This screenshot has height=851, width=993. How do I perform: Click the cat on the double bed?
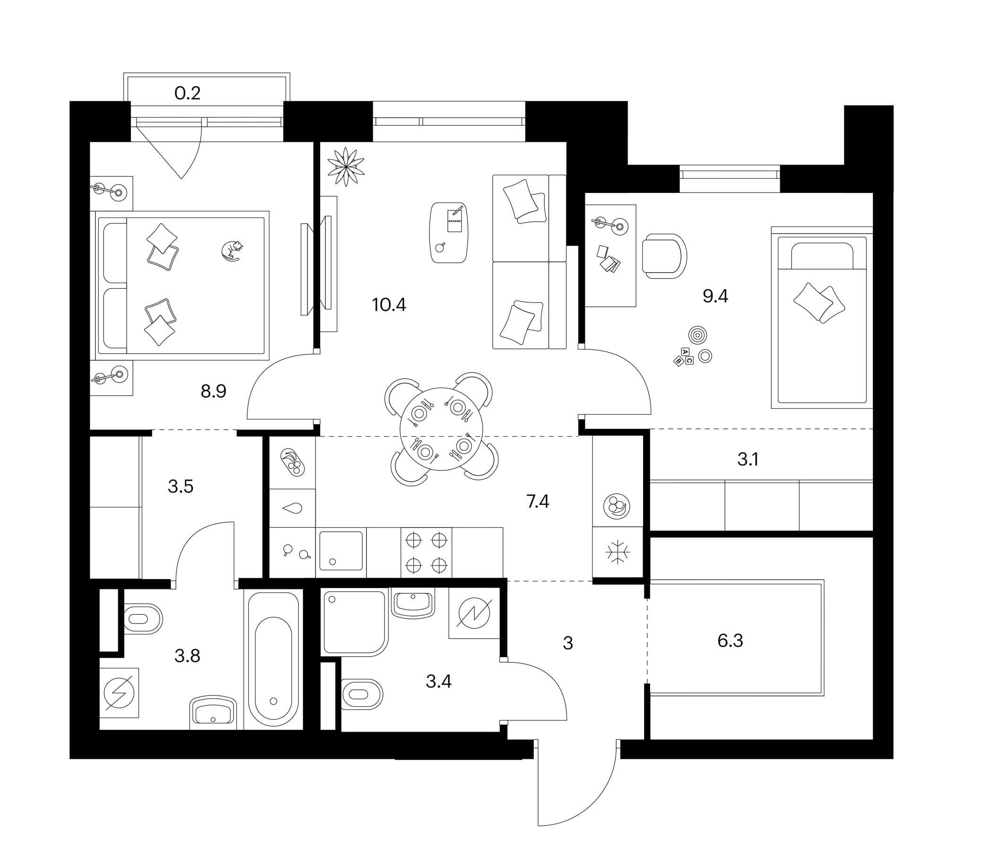pyautogui.click(x=232, y=251)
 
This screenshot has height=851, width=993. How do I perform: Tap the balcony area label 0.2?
pyautogui.click(x=187, y=93)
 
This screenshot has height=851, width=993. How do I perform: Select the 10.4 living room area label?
pyautogui.click(x=389, y=305)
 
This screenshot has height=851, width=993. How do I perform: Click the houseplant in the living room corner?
pyautogui.click(x=346, y=166)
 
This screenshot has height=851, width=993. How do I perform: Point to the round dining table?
pyautogui.click(x=441, y=429)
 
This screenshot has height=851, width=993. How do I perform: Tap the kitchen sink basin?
pyautogui.click(x=341, y=551)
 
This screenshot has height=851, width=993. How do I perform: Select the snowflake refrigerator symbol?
pyautogui.click(x=618, y=553)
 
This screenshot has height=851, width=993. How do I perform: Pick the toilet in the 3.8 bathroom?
pyautogui.click(x=143, y=618)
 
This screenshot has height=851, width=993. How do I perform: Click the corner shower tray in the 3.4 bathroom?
pyautogui.click(x=355, y=624)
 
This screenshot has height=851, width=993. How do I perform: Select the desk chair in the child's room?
pyautogui.click(x=664, y=256)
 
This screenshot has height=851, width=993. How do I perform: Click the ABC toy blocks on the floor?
pyautogui.click(x=684, y=357)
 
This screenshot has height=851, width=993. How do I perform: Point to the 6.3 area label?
pyautogui.click(x=730, y=641)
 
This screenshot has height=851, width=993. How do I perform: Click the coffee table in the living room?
pyautogui.click(x=449, y=233)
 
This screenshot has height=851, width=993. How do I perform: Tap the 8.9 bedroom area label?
pyautogui.click(x=213, y=391)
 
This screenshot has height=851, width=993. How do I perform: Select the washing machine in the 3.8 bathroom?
pyautogui.click(x=119, y=693)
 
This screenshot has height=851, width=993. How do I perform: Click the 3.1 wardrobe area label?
pyautogui.click(x=748, y=460)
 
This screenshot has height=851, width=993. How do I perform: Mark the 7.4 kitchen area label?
pyautogui.click(x=538, y=501)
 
